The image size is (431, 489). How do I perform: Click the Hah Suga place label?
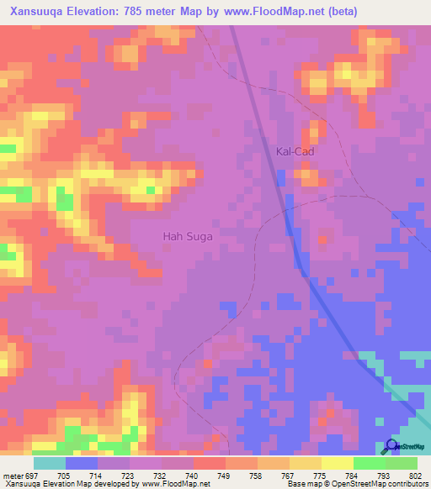188,237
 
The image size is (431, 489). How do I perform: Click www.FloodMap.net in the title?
275,12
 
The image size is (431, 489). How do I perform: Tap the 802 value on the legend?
416,475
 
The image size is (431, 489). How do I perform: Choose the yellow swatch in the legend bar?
337,463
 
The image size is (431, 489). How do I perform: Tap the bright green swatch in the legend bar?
369,463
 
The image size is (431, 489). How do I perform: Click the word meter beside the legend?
11,475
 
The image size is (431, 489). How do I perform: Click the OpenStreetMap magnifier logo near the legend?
392,445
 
